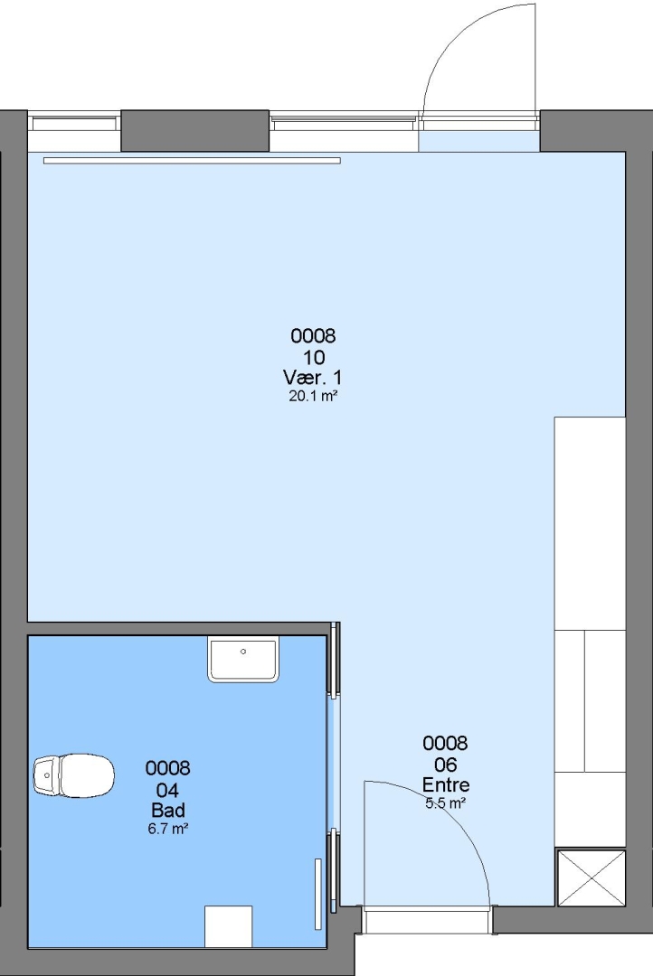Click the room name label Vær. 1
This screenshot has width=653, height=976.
[312, 377]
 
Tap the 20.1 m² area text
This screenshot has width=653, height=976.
[313, 396]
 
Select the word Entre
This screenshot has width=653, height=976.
[446, 784]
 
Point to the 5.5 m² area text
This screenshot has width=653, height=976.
[446, 803]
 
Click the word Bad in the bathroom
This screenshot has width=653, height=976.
[167, 810]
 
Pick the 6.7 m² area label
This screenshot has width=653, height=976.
[167, 829]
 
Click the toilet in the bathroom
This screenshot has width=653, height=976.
[74, 775]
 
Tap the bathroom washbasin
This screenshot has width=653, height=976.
[243, 660]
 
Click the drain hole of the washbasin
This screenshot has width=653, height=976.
[243, 651]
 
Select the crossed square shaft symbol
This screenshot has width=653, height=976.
[590, 878]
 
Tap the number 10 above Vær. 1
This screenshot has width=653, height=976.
[314, 357]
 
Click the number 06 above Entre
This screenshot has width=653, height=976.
[446, 765]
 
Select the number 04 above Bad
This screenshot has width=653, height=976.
[167, 790]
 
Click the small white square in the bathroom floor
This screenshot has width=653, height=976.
[229, 926]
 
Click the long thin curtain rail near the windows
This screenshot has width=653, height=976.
[192, 161]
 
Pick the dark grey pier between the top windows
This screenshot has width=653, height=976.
[195, 131]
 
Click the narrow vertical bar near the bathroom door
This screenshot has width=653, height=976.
[317, 894]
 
